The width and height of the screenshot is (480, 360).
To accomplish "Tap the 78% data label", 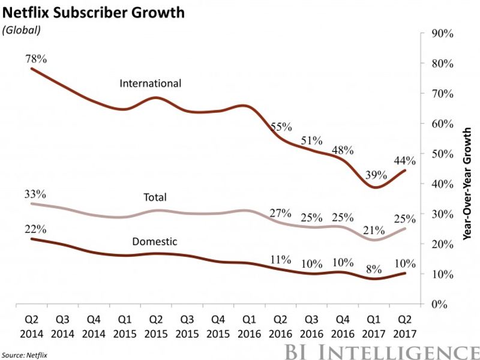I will pyautogui.click(x=35, y=59).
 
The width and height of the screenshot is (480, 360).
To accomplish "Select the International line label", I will pyautogui.click(x=150, y=83).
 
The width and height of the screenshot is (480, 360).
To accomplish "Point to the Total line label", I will pyautogui.click(x=155, y=197).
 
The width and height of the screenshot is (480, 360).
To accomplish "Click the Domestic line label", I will pyautogui.click(x=154, y=241).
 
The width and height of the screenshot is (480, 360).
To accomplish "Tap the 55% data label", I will pyautogui.click(x=280, y=127).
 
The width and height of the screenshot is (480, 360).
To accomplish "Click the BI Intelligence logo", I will pyautogui.click(x=388, y=350).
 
